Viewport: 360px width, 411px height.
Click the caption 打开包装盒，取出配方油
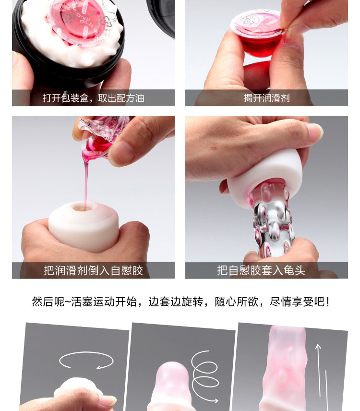pos(93,98)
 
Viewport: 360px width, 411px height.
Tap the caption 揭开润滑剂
pos(266,98)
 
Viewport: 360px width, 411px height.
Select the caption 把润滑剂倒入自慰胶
pos(93,270)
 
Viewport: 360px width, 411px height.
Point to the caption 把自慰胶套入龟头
pos(261,270)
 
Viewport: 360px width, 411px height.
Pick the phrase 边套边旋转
pos(176,302)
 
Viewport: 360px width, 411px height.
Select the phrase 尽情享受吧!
pos(300,302)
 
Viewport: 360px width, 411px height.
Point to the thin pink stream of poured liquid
pos(85,181)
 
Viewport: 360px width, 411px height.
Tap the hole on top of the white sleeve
pos(82,208)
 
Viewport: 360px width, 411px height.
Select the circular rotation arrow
pos(86,361)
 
